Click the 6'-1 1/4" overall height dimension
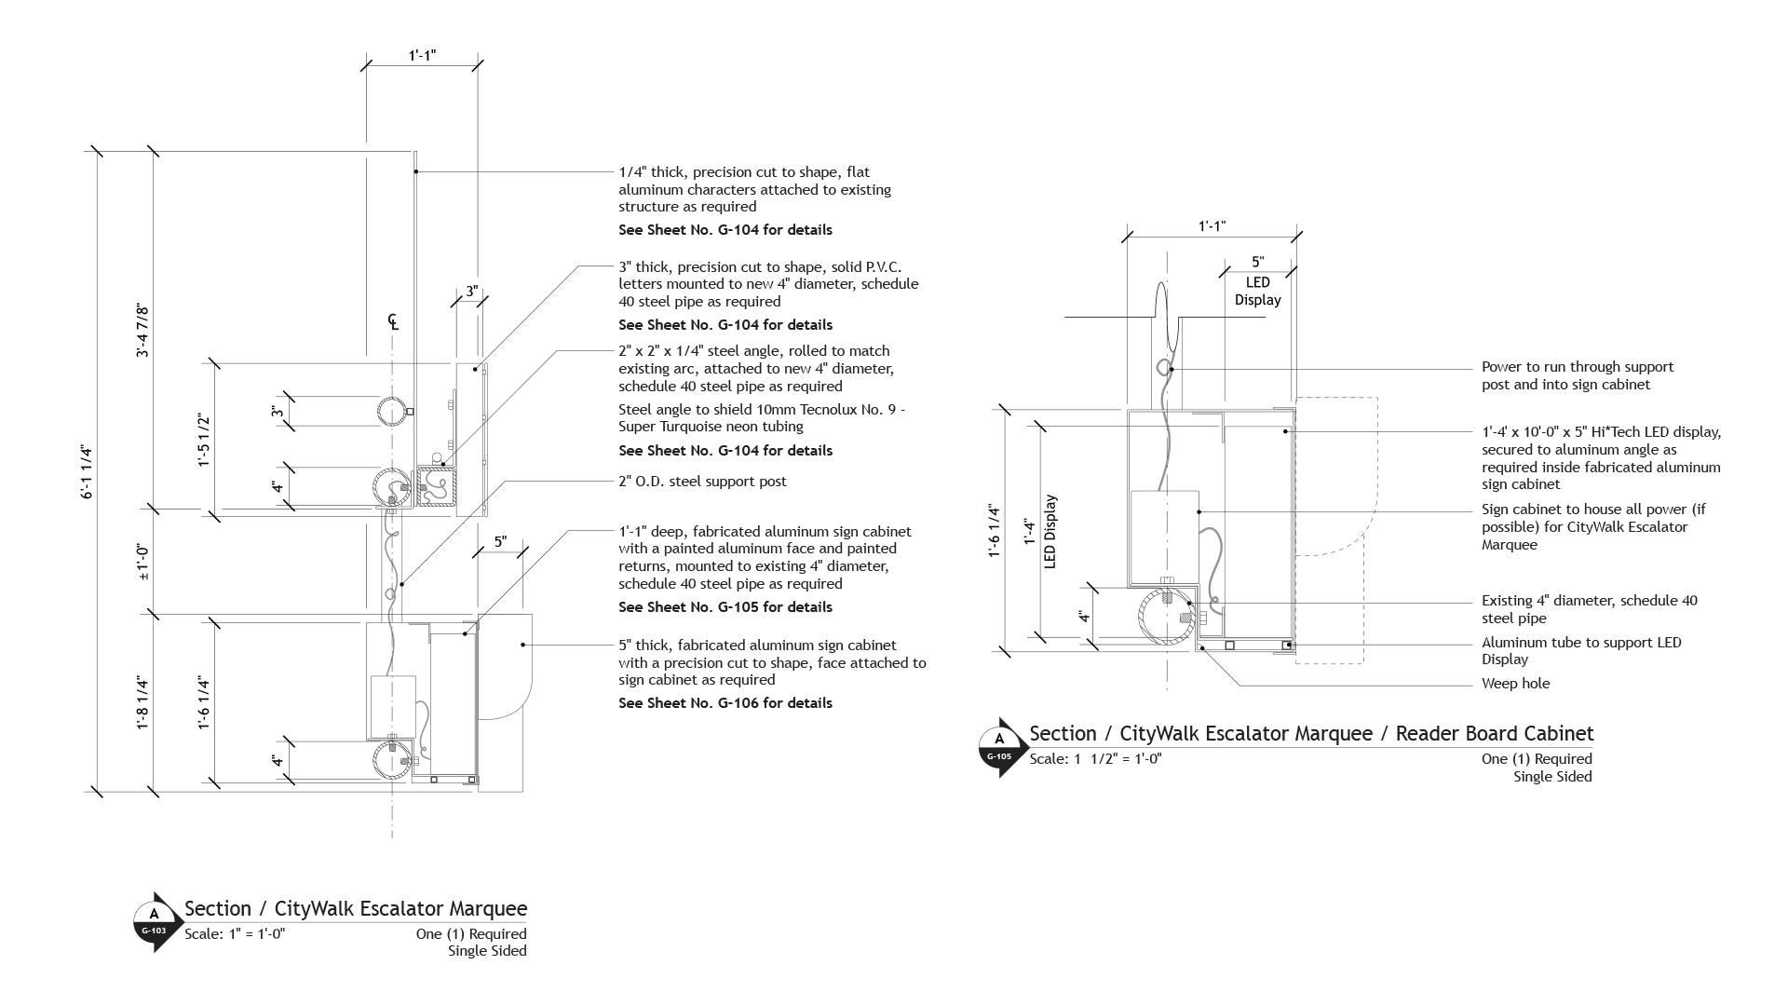[88, 471]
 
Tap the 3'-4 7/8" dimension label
[142, 330]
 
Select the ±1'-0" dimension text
[142, 563]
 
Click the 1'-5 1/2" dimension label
[204, 441]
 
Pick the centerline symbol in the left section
[394, 322]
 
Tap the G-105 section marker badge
[998, 748]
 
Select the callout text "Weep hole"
[1515, 684]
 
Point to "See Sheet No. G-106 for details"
[725, 703]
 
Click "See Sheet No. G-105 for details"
[725, 607]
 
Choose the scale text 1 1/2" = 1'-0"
[1095, 759]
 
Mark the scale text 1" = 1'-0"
[235, 934]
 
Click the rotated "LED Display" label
[1050, 532]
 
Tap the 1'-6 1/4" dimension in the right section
[995, 531]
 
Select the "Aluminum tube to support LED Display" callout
[1581, 651]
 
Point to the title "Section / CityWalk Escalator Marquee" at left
[356, 909]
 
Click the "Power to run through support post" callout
[1578, 375]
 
